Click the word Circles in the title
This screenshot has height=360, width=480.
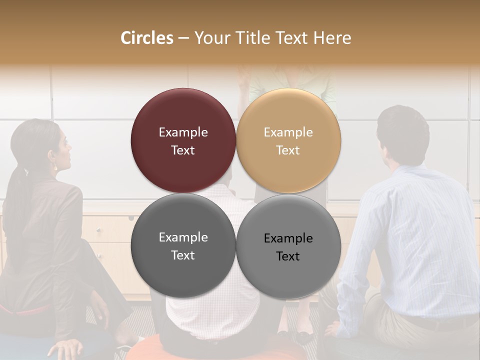tap(146, 38)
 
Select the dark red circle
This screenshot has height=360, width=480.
tap(183, 140)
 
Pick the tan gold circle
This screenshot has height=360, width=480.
tap(288, 140)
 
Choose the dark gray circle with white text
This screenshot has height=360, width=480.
tap(183, 245)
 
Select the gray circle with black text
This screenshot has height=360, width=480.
tap(288, 245)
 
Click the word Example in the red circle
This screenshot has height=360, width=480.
tap(183, 132)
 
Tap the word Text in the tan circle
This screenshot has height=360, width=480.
tap(288, 150)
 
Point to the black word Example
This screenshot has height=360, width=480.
tap(288, 238)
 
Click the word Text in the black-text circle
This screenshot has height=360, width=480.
tap(288, 256)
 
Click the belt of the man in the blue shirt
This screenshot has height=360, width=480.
tap(430, 322)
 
